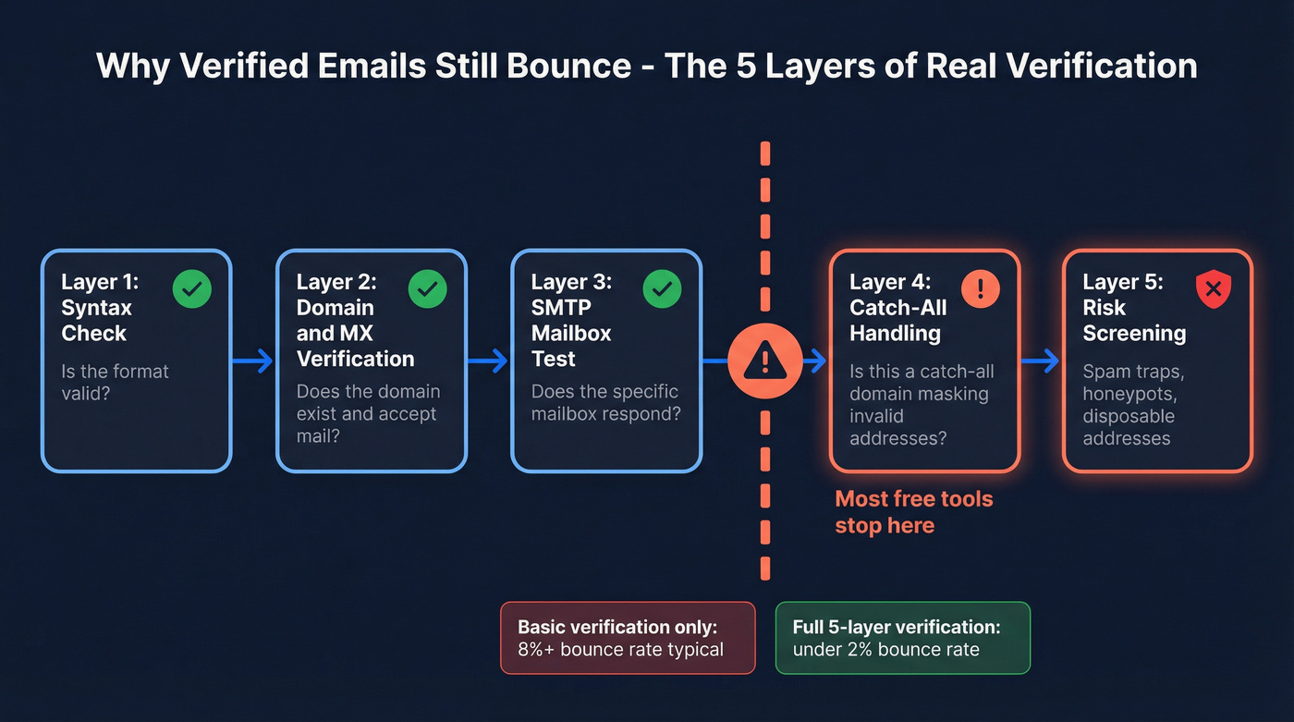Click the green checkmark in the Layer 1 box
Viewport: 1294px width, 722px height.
tap(192, 289)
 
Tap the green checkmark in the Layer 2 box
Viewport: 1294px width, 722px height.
tap(427, 289)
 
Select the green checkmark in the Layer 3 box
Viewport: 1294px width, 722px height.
tap(662, 289)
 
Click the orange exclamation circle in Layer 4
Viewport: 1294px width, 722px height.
tap(981, 289)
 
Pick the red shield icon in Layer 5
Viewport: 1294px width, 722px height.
tap(1214, 289)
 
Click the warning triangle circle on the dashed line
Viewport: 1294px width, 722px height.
tap(765, 361)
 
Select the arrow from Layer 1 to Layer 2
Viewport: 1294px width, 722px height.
tap(252, 361)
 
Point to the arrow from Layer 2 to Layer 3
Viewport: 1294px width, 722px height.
tap(488, 361)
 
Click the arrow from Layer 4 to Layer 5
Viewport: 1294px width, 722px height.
tap(1041, 361)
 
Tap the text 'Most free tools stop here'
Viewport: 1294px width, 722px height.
tap(913, 512)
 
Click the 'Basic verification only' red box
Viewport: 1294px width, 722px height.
tap(628, 638)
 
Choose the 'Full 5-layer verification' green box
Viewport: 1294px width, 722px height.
tap(902, 638)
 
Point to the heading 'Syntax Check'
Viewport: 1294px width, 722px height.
tap(96, 320)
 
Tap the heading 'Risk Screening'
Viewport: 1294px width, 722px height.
tap(1134, 320)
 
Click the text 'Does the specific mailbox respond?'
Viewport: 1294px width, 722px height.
tap(605, 402)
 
